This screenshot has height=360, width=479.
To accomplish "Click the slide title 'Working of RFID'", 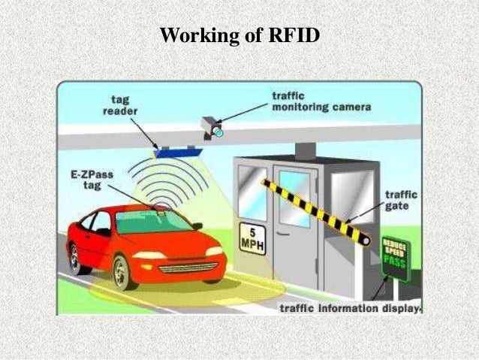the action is pyautogui.click(x=239, y=35).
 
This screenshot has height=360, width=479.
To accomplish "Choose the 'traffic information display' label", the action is pyautogui.click(x=350, y=308).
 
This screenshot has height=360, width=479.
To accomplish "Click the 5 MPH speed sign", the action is pyautogui.click(x=251, y=237).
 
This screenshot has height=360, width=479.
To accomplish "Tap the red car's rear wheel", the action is pyautogui.click(x=76, y=259).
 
